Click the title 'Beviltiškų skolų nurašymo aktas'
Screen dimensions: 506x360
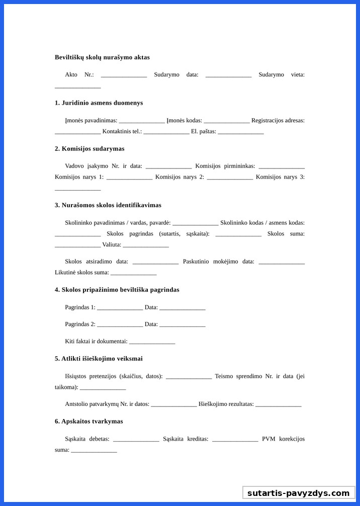coord(102,57)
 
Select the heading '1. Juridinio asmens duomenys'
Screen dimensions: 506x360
coord(99,103)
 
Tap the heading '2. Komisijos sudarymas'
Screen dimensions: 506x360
coord(89,148)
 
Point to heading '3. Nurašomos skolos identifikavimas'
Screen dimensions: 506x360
coord(108,205)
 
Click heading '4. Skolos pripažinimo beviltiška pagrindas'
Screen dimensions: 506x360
coord(117,289)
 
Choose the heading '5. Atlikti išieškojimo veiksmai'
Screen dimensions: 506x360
coord(99,358)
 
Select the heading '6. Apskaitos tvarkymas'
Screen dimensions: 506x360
coord(88,421)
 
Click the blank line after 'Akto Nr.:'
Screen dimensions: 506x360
coord(124,75)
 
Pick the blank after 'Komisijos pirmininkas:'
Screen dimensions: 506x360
coord(282,166)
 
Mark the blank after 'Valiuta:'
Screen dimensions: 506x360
coord(145,245)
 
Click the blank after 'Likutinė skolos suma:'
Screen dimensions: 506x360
coord(133,273)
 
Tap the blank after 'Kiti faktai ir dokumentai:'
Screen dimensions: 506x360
coord(152,342)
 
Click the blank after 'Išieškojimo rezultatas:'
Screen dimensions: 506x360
coord(278,405)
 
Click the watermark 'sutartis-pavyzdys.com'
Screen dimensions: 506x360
coord(298,493)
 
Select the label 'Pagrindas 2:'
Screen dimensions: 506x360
coord(80,324)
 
